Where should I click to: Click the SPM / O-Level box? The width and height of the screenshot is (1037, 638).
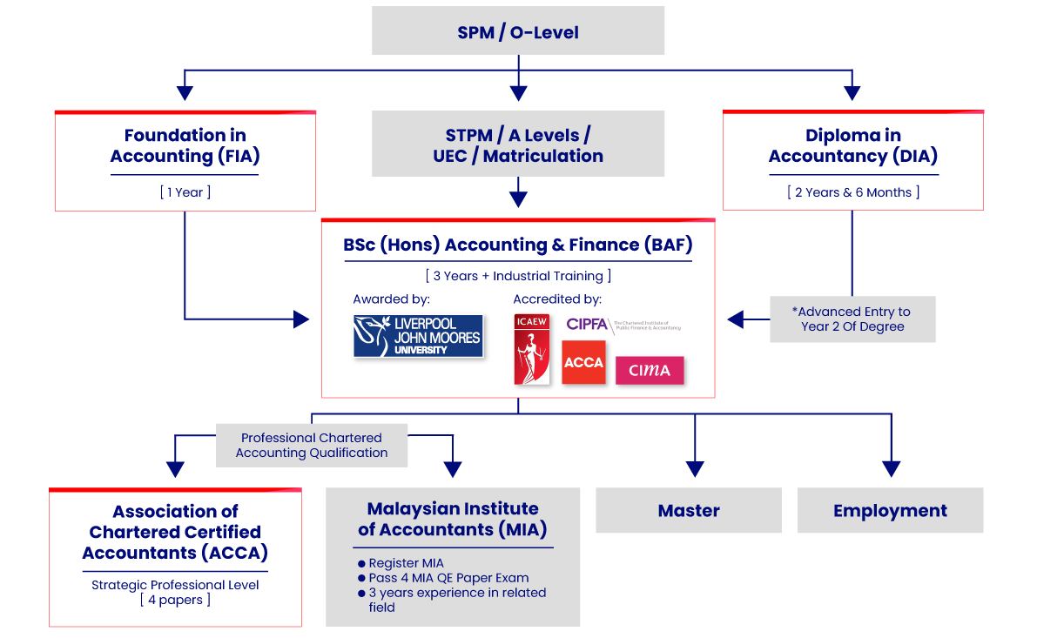(518, 32)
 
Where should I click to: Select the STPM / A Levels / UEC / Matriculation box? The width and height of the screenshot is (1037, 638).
(518, 144)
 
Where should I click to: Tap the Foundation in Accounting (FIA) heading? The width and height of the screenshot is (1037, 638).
(185, 145)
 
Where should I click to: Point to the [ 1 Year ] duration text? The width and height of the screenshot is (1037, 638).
(185, 192)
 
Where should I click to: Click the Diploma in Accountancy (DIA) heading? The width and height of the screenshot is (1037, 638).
(852, 145)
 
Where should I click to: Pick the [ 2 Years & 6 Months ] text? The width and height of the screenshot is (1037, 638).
(852, 192)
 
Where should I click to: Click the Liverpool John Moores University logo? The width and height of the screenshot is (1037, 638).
(418, 336)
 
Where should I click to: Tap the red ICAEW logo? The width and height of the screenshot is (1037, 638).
(531, 348)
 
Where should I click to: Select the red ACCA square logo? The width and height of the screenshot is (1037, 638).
(583, 362)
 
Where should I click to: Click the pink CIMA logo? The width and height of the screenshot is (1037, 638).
(650, 370)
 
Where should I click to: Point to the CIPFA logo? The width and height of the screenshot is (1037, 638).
(623, 325)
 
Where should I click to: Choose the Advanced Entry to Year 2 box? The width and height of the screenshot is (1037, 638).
(852, 319)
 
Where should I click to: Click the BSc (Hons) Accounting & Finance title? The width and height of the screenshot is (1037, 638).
(518, 245)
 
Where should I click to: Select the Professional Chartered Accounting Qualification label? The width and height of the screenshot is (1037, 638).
(312, 445)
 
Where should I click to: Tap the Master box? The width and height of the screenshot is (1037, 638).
(689, 510)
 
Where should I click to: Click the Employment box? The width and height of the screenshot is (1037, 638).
(890, 510)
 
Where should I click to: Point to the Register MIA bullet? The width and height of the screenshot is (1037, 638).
(406, 563)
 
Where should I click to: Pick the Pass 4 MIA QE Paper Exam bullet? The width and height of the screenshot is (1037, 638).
(448, 578)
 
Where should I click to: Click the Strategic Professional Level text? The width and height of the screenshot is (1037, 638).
(175, 585)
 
